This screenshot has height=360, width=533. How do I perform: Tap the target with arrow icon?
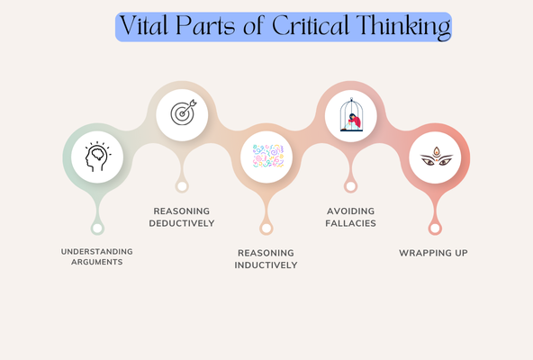pyautogui.click(x=182, y=113)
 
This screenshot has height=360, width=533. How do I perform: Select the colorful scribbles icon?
pyautogui.click(x=266, y=156)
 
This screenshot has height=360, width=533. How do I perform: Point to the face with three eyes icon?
pyautogui.click(x=435, y=158)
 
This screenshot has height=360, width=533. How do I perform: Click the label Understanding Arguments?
pyautogui.click(x=97, y=256)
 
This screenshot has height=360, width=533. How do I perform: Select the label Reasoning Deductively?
pyautogui.click(x=183, y=217)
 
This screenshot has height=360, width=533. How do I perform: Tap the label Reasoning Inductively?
pyautogui.click(x=266, y=258)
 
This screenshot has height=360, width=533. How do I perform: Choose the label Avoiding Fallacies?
pyautogui.click(x=350, y=217)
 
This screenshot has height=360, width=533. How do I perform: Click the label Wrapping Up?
pyautogui.click(x=434, y=253)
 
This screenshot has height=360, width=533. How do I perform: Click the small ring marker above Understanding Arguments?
pyautogui.click(x=97, y=228)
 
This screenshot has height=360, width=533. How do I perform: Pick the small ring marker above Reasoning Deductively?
pyautogui.click(x=182, y=186)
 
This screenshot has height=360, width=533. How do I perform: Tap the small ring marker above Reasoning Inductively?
pyautogui.click(x=266, y=228)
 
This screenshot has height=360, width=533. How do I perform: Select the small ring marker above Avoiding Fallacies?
pyautogui.click(x=350, y=186)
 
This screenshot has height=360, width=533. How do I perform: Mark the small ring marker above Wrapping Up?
pyautogui.click(x=435, y=228)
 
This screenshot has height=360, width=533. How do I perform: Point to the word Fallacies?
pyautogui.click(x=350, y=222)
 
